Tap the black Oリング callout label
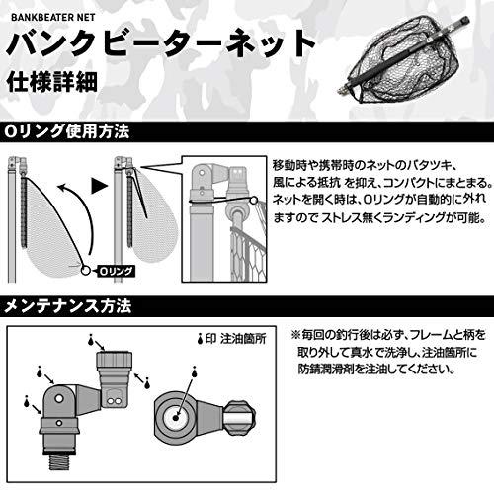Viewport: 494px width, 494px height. click(x=108, y=269)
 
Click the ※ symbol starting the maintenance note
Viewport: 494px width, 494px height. click(x=294, y=335)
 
